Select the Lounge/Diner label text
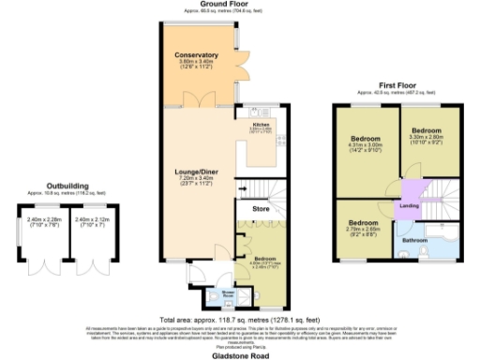[x=197, y=172]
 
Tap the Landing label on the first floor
[x=410, y=205]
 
